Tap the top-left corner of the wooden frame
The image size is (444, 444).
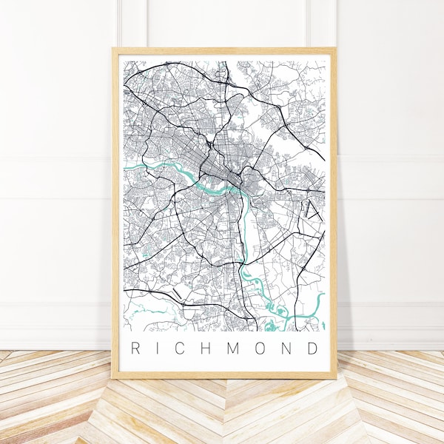112,49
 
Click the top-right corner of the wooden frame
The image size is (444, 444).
335,49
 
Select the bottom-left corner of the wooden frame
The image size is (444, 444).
112,378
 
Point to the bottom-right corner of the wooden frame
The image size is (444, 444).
335,378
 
